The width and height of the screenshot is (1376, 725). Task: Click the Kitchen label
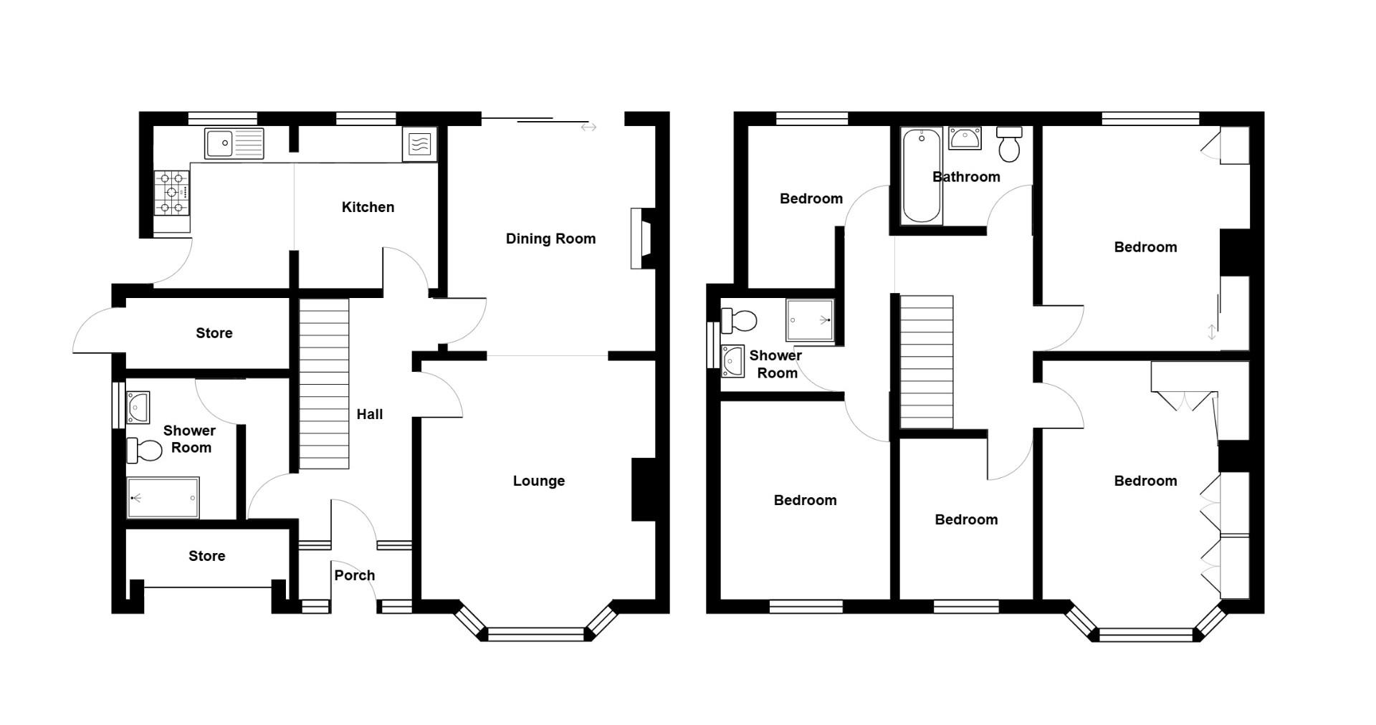[x=368, y=207]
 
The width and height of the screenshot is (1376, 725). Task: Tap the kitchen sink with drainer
[x=234, y=143]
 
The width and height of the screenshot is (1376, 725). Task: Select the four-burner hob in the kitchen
[x=172, y=192]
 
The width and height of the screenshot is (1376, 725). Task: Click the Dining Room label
[x=550, y=239]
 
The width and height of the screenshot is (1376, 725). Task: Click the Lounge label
[x=538, y=481]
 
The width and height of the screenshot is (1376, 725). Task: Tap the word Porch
[x=354, y=575]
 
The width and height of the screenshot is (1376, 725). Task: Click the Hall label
[x=369, y=414]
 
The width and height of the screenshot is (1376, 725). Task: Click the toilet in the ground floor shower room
[x=145, y=451]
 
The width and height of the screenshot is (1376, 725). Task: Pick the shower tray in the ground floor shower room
[x=163, y=497]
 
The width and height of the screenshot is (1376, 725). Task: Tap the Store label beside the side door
[x=214, y=333]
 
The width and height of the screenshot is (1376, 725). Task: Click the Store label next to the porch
[x=206, y=556]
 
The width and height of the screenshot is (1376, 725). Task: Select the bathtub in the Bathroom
[x=921, y=176]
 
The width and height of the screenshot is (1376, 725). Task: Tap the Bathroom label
[x=966, y=177]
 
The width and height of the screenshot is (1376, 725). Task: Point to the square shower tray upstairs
[x=811, y=320]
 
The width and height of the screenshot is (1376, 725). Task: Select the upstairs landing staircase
[x=926, y=362]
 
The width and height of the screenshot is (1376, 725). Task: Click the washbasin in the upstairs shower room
[x=734, y=360]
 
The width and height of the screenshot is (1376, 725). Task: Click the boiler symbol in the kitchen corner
[x=420, y=145]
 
